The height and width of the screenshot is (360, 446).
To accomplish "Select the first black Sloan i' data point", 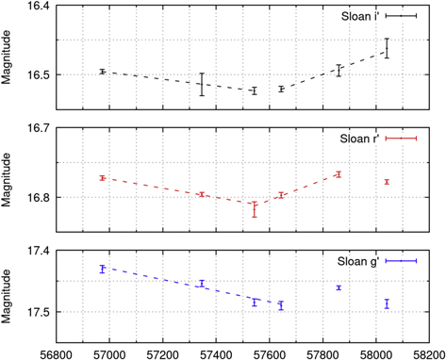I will click(x=102, y=72).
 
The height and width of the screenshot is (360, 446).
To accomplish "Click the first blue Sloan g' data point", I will click(x=102, y=269).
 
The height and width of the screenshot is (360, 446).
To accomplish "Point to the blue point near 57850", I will click(x=339, y=287).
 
